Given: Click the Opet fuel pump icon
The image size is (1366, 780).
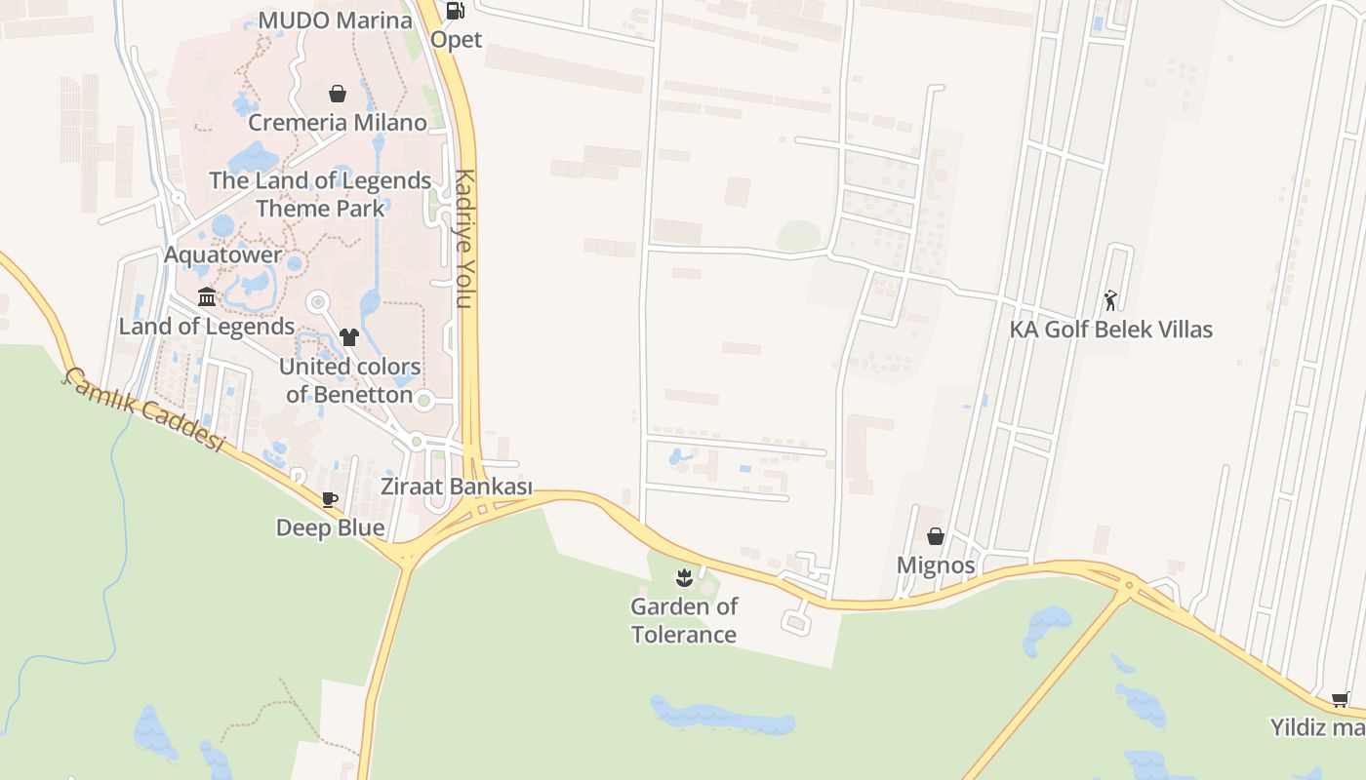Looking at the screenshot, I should click(x=455, y=11).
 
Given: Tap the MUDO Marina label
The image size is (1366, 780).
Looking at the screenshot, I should click(x=337, y=19).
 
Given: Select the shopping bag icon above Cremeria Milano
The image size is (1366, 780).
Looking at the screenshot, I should click(x=338, y=94).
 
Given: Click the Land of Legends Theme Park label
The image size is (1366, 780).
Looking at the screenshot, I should click(x=320, y=194).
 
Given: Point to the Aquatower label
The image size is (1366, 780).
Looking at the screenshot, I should click(x=223, y=255).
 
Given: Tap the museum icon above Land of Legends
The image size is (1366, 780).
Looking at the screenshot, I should click(x=207, y=296).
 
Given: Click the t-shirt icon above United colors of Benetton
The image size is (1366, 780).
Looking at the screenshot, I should click(x=349, y=337).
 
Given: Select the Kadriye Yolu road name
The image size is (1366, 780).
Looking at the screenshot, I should click(x=464, y=239).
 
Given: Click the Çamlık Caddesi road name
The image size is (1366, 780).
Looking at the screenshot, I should click(x=144, y=409).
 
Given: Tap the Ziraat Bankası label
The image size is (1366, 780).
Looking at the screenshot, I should click(x=457, y=487).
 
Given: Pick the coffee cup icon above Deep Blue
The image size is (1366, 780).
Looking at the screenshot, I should click(x=330, y=499).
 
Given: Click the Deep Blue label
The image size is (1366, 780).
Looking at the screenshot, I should click(x=330, y=527).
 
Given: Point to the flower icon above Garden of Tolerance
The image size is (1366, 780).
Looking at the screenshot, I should click(x=683, y=577).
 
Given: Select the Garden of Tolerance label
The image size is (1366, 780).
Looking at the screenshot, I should click(x=683, y=620).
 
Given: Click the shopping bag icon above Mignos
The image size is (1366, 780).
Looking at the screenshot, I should click(x=935, y=536).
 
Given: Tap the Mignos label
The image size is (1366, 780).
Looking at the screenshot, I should click(x=935, y=565).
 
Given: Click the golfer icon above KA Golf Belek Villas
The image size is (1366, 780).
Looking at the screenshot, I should click(x=1110, y=300).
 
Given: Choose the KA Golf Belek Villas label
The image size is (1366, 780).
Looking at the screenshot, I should click(x=1110, y=330).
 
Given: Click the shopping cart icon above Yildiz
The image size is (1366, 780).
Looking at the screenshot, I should click(x=1341, y=699).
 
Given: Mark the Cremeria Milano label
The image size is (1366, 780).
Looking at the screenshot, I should click(x=337, y=123).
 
